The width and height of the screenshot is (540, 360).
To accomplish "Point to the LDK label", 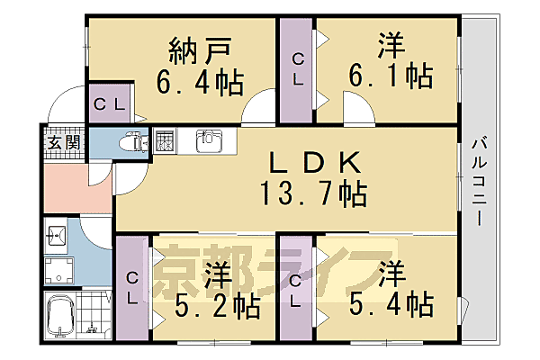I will point(312,161).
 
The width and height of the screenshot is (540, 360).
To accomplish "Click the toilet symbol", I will point(133,142).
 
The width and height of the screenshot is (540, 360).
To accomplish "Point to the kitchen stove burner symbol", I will point(165,140).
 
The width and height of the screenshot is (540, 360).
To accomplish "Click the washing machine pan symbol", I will point(61,271).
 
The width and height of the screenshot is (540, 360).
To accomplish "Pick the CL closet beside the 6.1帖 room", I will point(297,69).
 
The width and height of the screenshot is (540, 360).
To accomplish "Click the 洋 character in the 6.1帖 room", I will point(390,42).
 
